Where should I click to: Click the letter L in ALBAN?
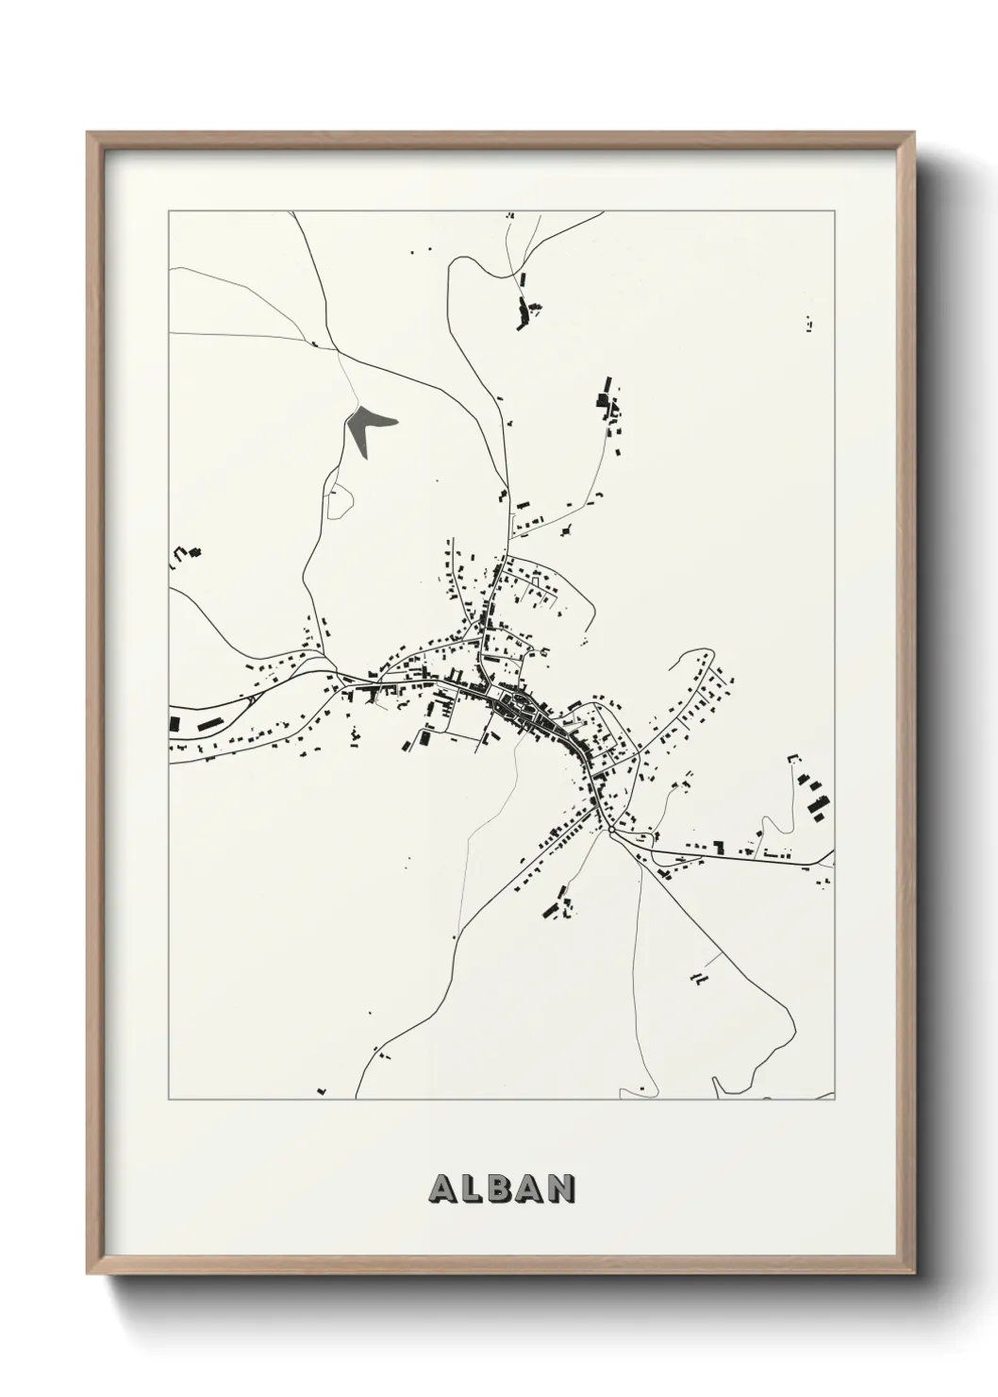472,1188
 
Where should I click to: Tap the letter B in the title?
501,1188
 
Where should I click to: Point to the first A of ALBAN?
442,1188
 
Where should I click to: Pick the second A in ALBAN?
531,1188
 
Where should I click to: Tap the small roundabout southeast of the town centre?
610,831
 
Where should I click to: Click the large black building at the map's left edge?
175,723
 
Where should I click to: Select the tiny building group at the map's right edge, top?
811,322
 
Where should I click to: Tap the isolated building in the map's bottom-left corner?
322,1090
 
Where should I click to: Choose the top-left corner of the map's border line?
169,211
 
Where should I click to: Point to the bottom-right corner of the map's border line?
835,1100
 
